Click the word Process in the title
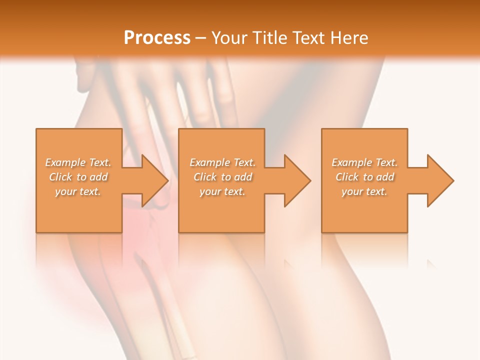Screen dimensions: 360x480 (157, 38)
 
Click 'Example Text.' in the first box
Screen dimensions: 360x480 (78, 162)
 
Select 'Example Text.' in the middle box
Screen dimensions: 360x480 (222, 162)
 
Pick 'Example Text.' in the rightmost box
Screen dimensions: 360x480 (364, 162)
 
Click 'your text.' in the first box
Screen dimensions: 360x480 (78, 191)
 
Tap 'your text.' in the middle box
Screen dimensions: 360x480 (222, 191)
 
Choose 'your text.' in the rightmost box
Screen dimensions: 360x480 (364, 191)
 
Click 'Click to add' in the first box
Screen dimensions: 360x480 (78, 177)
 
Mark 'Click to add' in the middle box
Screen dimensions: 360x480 (222, 177)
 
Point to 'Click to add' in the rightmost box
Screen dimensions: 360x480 (364, 177)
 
